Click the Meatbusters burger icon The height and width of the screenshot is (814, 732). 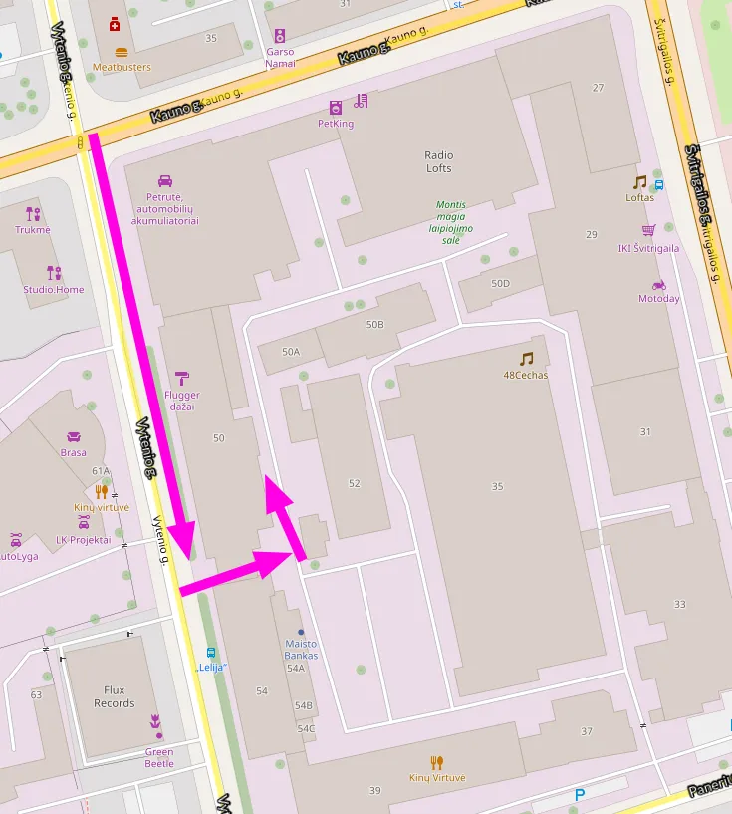coord(122,52)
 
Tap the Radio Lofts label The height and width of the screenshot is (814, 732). coord(438,161)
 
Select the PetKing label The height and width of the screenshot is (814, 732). coord(335,124)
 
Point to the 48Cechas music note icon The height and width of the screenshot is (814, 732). coord(526,359)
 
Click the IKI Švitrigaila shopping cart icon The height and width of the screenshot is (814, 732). coord(649,230)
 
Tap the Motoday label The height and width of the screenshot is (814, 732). coord(658,298)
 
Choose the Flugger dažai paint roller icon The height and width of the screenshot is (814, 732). coord(182,378)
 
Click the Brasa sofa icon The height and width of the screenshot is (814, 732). coord(73,437)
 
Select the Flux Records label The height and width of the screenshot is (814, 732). coord(114,696)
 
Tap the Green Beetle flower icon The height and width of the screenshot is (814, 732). coord(155,720)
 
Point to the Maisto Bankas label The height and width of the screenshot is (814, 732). coord(301,649)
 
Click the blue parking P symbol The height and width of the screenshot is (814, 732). coord(580,795)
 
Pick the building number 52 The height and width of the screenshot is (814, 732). coord(354,483)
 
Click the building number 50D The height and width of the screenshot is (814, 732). coord(500,284)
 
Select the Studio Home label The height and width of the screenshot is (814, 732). coord(54,290)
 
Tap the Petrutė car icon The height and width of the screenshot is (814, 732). coord(165,181)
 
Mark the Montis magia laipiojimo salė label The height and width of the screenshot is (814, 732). coord(450,222)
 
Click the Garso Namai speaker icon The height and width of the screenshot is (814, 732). coord(279,35)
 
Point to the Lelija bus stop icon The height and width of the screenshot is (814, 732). coord(210,653)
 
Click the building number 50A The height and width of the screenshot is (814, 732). coord(290,352)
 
